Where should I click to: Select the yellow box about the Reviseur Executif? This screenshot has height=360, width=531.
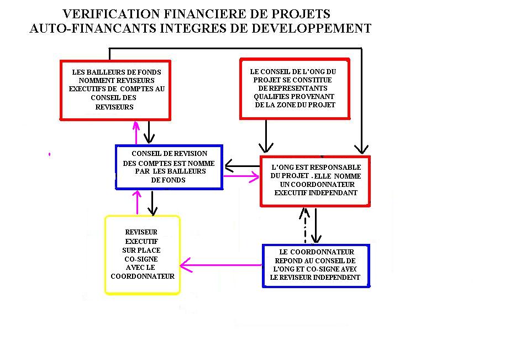143,254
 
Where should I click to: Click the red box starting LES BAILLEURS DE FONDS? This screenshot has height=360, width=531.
115,90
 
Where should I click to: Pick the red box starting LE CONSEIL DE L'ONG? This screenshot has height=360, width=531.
295,88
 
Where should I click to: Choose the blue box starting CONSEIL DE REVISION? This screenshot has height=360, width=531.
169,167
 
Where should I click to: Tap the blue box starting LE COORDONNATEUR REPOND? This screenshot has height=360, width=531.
316,265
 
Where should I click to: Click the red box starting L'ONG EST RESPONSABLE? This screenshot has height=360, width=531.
315,181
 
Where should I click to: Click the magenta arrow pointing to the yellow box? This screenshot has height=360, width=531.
221,265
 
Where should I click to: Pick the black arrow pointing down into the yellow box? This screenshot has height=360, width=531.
153,202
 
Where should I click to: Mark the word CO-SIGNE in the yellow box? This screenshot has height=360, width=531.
141,259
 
